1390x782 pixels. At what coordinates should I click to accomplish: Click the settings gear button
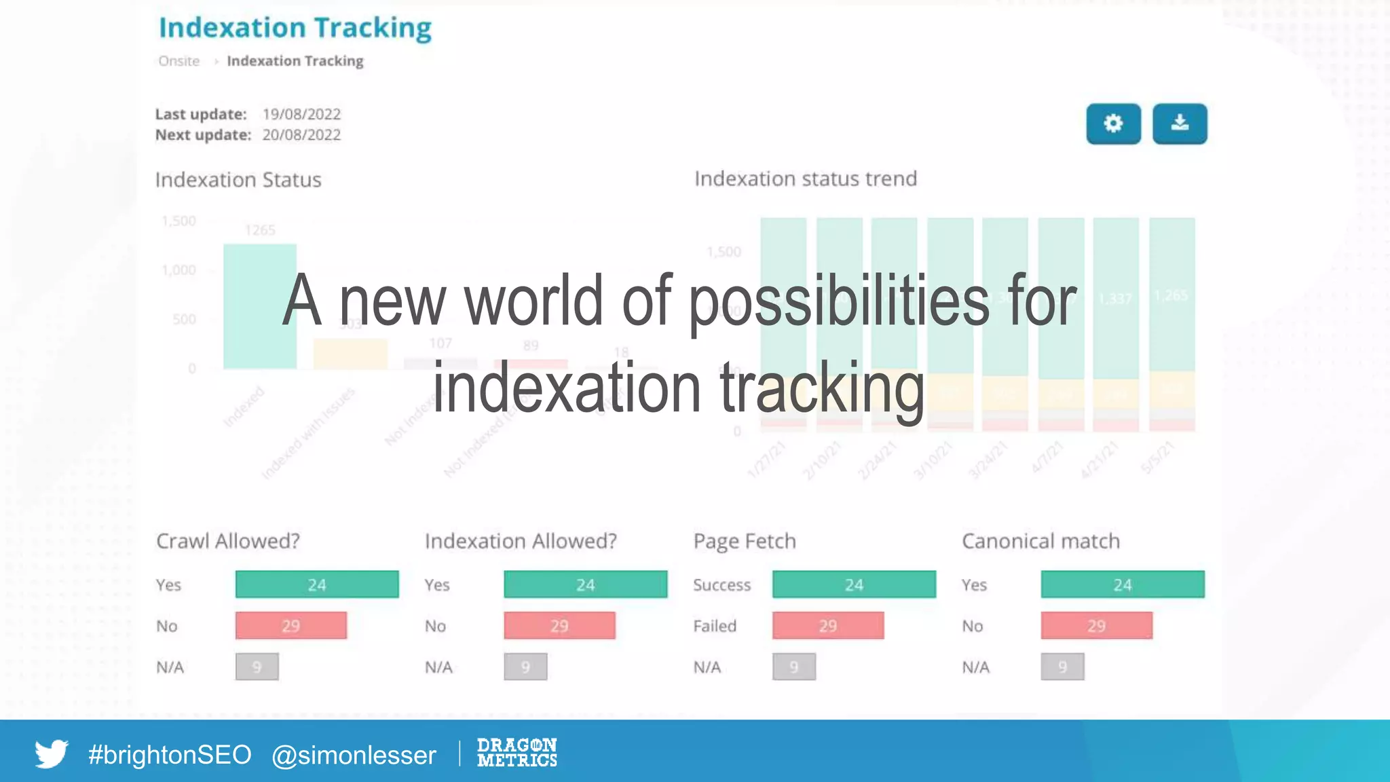(1113, 124)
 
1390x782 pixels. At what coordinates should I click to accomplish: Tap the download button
(1180, 124)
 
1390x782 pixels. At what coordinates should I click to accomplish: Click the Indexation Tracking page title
(295, 28)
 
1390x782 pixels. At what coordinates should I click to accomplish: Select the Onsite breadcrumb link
(179, 61)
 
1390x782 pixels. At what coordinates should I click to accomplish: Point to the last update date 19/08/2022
(301, 114)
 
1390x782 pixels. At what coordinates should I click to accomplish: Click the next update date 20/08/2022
(301, 135)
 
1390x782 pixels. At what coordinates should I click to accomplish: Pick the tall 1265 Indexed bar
(260, 305)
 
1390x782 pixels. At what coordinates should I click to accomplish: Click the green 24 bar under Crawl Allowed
(317, 584)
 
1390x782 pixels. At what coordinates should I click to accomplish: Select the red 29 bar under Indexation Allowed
(559, 625)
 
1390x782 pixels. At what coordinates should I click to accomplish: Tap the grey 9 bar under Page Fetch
(793, 667)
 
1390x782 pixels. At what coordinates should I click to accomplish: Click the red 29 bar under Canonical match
(1096, 625)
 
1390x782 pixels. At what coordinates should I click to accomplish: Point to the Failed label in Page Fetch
(715, 626)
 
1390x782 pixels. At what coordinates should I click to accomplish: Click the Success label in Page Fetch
(721, 585)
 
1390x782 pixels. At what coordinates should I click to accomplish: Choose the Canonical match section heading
(1040, 541)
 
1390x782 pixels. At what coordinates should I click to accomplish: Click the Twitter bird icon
(52, 753)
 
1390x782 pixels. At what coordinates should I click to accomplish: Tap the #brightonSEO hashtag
(170, 755)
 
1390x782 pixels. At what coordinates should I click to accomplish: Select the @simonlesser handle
(354, 755)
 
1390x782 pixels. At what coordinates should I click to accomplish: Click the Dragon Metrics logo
(516, 753)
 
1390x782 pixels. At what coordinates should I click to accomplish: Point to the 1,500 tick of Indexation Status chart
(179, 221)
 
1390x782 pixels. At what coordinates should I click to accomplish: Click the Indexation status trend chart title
(806, 179)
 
